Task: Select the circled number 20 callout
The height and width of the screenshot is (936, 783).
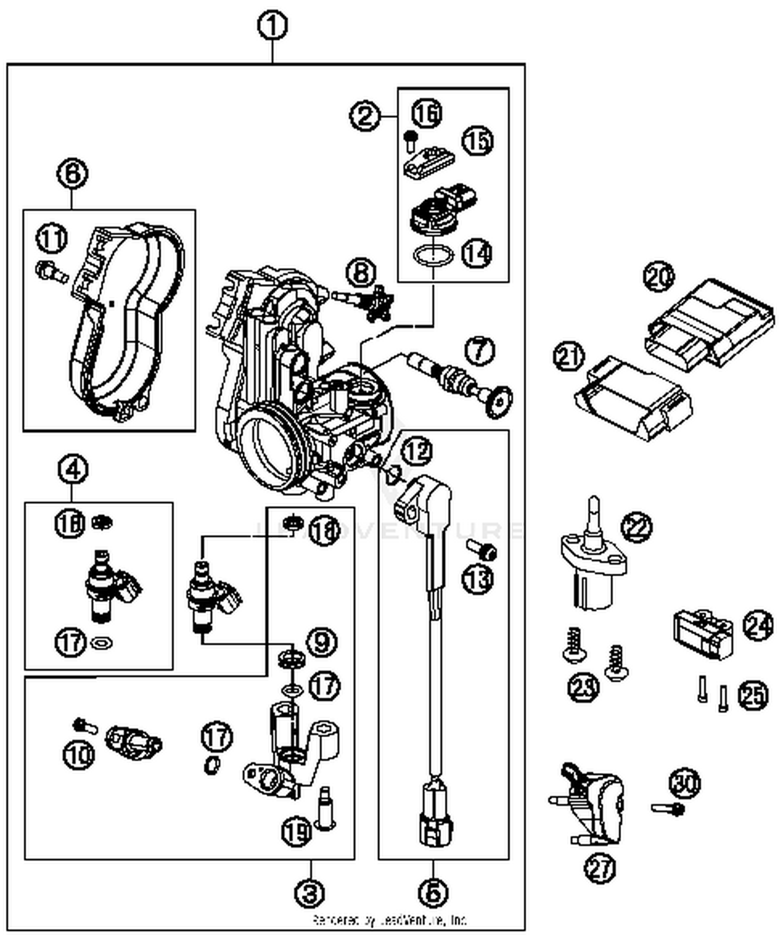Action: [x=659, y=277]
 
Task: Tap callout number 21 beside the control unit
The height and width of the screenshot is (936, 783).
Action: [x=568, y=357]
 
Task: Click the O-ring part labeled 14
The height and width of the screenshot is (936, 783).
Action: [x=433, y=256]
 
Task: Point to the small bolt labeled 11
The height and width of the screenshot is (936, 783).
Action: [x=51, y=271]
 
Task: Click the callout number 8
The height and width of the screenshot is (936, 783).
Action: [x=361, y=273]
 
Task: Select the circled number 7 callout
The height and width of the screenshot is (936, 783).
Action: [x=479, y=350]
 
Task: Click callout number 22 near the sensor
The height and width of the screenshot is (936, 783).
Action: [x=636, y=527]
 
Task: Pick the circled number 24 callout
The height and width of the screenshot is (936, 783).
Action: [x=757, y=625]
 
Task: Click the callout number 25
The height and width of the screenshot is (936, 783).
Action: [x=753, y=695]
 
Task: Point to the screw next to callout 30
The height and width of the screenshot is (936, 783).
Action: [x=668, y=808]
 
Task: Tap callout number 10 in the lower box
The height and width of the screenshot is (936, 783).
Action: [x=79, y=755]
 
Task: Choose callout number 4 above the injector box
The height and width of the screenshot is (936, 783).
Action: [x=73, y=470]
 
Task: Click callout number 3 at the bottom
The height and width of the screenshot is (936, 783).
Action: [x=310, y=894]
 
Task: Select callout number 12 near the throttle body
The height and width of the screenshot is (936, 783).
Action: [x=417, y=451]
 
